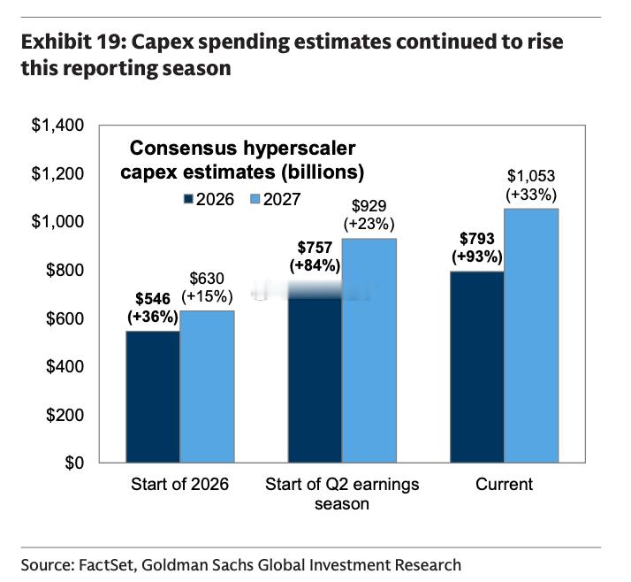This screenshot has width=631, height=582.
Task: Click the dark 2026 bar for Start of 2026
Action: coord(153,397)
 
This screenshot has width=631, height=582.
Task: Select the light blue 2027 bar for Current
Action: coord(531,335)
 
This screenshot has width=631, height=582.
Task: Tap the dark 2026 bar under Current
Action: coord(477,367)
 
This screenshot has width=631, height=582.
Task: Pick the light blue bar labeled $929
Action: coord(369,350)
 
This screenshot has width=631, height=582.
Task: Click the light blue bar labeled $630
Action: coord(208,387)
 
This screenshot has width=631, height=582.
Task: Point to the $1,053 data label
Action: coord(531,176)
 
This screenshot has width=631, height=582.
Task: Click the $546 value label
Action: coord(153,299)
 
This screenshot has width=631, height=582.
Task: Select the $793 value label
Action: coord(477,239)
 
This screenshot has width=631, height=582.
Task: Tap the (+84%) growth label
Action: coord(315,266)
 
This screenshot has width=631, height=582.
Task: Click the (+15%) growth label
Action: coord(208,297)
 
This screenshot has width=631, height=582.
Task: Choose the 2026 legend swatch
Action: coord(188,199)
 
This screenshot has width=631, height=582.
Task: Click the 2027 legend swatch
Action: coord(255,199)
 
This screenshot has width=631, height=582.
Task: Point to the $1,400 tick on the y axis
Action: coord(57,126)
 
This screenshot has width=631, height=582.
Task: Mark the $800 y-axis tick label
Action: coord(65,270)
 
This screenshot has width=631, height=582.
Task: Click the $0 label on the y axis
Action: coord(74,463)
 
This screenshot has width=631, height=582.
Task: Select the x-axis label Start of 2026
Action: coord(180,484)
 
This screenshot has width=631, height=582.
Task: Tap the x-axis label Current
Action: coord(505,484)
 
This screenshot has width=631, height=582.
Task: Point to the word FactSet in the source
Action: coord(105,565)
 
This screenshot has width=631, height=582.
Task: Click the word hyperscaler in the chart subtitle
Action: coord(300,148)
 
